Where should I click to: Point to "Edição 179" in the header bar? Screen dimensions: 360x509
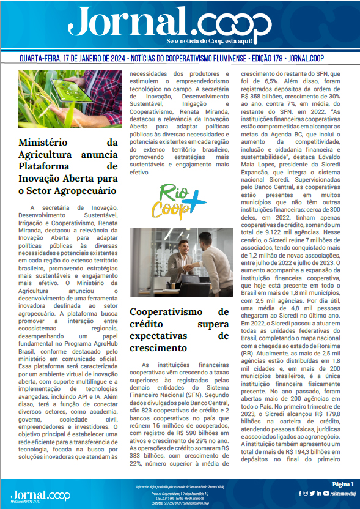click(x=268, y=59)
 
